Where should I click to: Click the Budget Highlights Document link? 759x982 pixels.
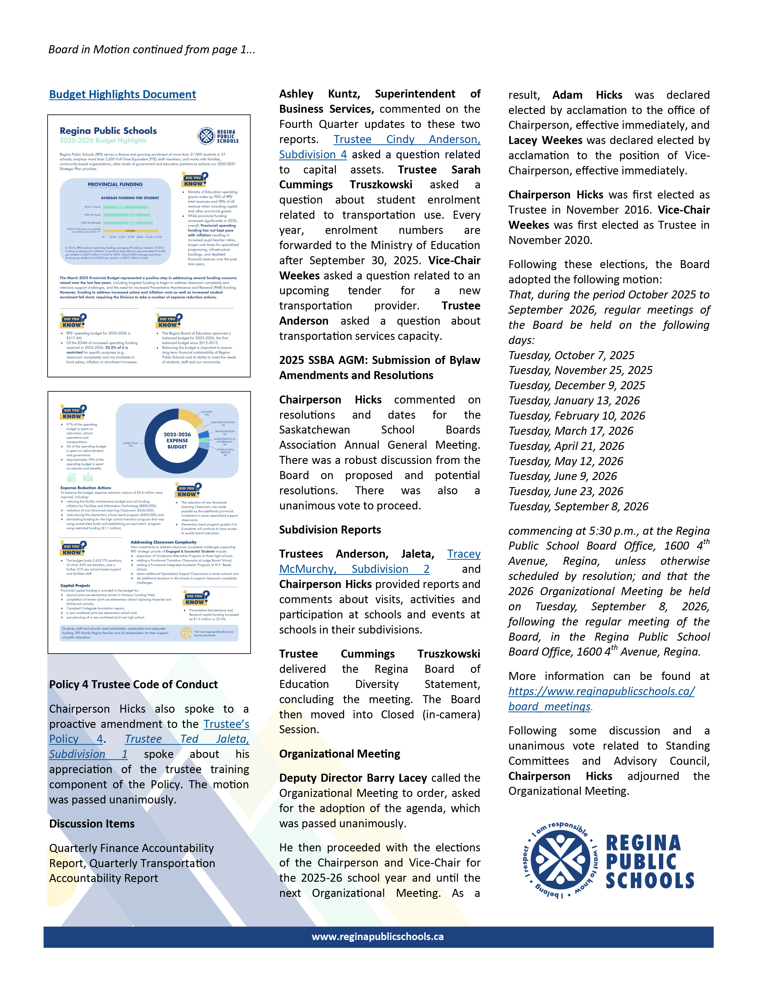122,94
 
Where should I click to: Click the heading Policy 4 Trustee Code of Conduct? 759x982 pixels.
133,684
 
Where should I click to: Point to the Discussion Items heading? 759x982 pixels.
92,824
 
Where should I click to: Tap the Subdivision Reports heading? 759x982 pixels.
329,530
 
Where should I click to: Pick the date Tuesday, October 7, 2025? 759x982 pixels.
571,355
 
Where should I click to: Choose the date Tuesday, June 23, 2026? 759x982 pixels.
566,492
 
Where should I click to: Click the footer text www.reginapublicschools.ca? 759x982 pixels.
378,936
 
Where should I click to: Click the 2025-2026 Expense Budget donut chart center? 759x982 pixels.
177,441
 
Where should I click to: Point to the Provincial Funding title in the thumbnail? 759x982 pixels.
115,184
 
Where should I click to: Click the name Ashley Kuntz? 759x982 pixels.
319,94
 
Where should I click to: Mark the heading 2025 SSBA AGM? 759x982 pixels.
323,360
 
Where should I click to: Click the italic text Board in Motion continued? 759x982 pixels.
152,49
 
